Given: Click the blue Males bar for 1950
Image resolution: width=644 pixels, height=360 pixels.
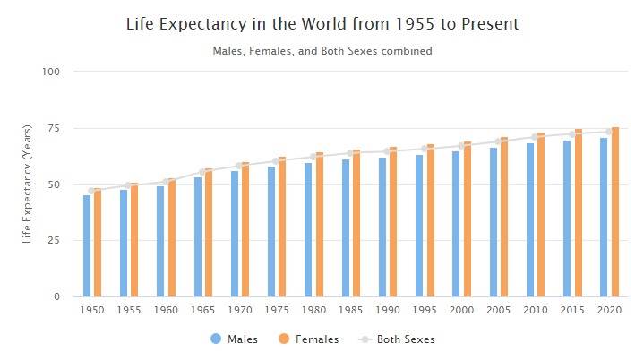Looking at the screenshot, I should (x=87, y=246).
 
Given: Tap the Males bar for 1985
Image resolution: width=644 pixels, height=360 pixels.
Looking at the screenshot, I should (x=346, y=228).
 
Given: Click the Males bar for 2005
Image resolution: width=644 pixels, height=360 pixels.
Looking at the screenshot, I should (x=494, y=222).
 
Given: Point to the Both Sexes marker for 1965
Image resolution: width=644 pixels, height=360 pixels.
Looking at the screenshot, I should (x=204, y=171).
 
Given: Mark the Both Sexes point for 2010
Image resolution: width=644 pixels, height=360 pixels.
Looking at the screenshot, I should (x=536, y=137).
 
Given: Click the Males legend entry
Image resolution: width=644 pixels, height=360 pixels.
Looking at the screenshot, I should (x=234, y=339).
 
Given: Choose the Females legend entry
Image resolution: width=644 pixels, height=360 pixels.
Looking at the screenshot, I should (x=309, y=339).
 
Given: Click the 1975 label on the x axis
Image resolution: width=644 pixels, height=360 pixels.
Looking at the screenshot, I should (x=277, y=310).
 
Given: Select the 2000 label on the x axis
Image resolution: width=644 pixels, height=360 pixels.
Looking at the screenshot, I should (x=461, y=310).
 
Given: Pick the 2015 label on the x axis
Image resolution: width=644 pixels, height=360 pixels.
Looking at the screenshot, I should (x=572, y=310).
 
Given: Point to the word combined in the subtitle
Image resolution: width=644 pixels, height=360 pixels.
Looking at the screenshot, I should (x=407, y=51).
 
